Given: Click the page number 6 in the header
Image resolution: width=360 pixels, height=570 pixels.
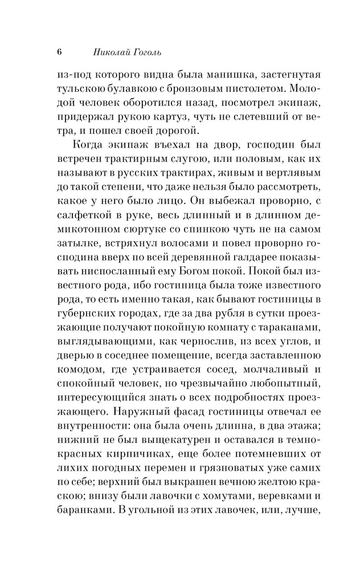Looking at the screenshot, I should coord(59,52).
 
